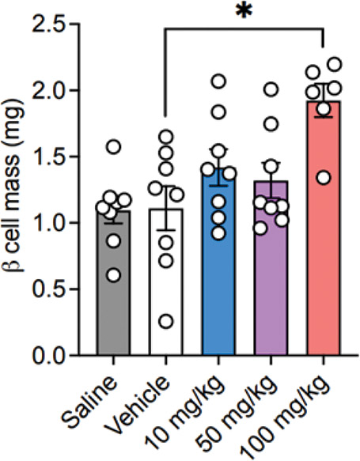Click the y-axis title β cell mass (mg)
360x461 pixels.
coord(16,194)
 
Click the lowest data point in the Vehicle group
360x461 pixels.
coord(166,321)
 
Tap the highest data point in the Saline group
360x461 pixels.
coord(113,146)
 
